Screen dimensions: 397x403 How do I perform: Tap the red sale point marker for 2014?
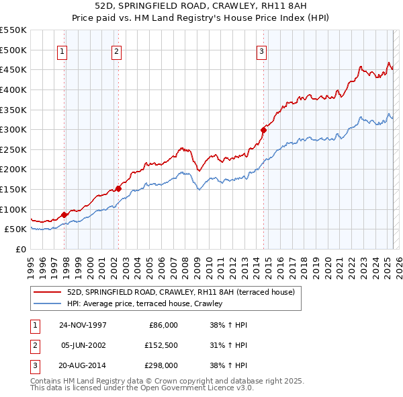click(x=263, y=131)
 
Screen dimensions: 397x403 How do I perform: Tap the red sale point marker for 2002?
click(x=118, y=188)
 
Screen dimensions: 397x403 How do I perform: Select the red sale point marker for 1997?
click(x=64, y=215)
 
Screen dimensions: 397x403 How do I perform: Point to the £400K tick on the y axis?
click(x=13, y=89)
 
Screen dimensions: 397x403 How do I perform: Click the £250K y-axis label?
click(x=13, y=149)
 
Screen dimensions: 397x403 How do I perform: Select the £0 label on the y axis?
click(x=20, y=249)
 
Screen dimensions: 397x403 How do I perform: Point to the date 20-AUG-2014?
click(x=83, y=365)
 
